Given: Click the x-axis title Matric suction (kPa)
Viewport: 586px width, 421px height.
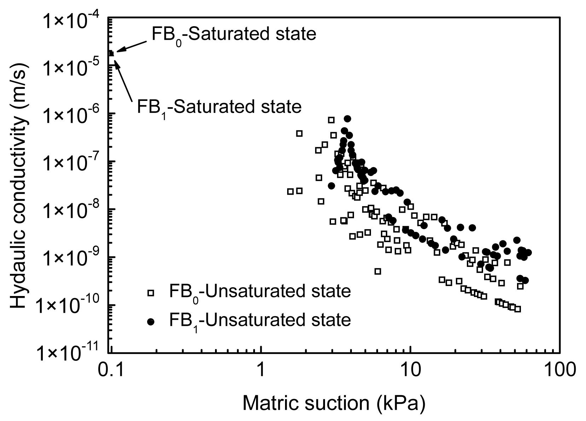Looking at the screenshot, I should coord(333,403).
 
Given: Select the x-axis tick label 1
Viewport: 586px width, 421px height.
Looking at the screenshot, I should coord(261,370).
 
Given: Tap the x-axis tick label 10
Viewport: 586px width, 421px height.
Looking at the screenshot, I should coord(410,370).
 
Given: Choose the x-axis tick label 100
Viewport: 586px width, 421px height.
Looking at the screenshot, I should coord(559,370).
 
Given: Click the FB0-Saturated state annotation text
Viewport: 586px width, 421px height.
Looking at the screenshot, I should coord(233,35).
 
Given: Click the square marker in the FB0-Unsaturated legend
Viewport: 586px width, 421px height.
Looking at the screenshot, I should coord(151,293).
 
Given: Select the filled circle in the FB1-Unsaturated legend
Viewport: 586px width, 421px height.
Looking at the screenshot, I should coord(151,322).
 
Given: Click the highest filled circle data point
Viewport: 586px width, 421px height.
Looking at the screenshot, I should coord(347,119).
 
